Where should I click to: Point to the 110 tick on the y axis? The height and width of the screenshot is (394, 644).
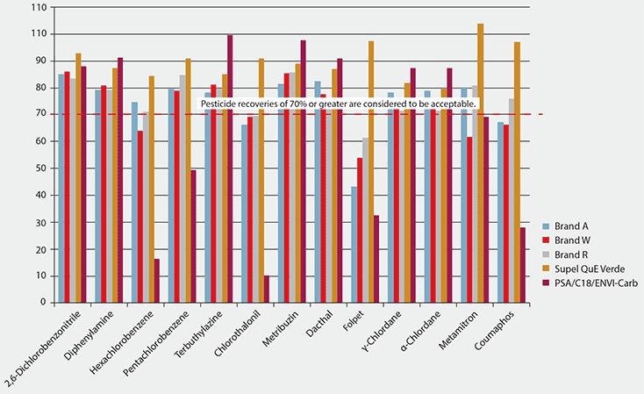[x=38, y=7]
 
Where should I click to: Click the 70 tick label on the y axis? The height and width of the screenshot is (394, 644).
[x=39, y=114]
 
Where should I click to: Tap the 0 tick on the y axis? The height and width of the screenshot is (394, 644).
[x=42, y=302]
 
